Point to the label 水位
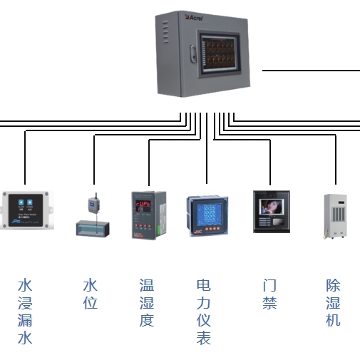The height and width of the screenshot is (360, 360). [x=90, y=294]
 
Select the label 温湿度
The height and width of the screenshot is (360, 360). [x=147, y=303]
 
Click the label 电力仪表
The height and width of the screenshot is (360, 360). [x=204, y=312]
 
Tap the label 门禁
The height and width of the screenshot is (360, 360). [x=269, y=294]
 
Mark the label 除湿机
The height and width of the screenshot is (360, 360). [x=333, y=303]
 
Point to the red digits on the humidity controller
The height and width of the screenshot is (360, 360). [x=145, y=204]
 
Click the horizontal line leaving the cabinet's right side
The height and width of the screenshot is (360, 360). [x=311, y=71]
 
